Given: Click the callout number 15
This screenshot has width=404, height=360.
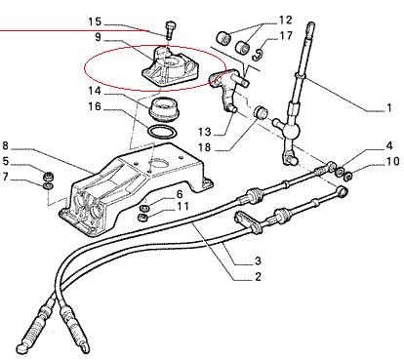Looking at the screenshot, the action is (95, 22).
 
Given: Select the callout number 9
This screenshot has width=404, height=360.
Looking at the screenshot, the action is (99, 37).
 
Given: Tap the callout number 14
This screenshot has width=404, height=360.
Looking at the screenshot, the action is (95, 91).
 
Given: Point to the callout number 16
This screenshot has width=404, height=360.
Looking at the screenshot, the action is (95, 106).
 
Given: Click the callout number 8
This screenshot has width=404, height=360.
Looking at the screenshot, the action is (5, 145).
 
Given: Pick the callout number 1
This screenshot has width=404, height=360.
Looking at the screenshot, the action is (389, 107).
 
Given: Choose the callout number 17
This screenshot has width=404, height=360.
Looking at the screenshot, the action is (286, 35).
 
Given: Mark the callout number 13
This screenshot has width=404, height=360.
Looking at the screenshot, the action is (205, 132).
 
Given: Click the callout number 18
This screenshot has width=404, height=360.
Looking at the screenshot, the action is (205, 147).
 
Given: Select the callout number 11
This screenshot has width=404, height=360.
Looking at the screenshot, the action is (182, 206).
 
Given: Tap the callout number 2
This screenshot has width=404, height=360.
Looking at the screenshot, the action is (258, 277).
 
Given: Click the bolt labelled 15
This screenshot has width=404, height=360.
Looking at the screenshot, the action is (170, 30).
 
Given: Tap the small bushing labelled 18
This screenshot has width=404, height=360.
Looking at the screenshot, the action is (261, 112).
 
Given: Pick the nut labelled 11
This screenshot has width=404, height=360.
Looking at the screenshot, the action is (142, 217).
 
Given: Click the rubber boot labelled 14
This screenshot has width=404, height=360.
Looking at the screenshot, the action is (164, 110).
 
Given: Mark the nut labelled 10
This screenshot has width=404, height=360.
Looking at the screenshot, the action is (347, 177).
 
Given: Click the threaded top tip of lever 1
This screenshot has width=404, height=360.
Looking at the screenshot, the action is (311, 25).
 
